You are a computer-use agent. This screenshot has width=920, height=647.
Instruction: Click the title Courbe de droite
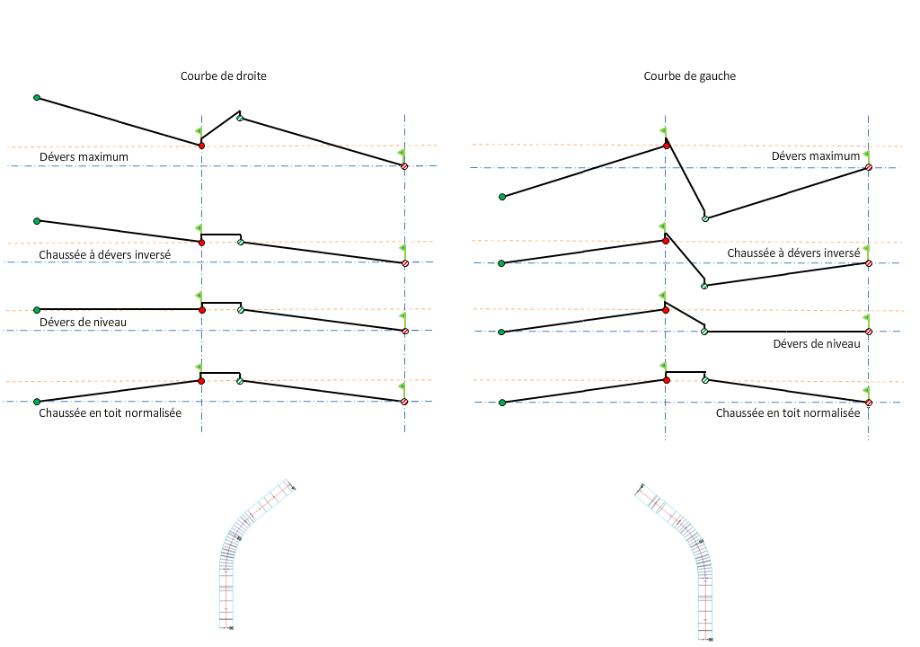[x=223, y=76]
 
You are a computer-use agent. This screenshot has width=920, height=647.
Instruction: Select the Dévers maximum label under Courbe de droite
[x=84, y=157]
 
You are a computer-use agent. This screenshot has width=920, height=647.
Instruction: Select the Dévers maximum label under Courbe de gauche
[x=815, y=156]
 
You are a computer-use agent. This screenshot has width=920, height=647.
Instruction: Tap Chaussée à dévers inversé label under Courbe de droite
[x=105, y=255]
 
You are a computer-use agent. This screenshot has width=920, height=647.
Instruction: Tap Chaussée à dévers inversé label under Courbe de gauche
[x=793, y=253]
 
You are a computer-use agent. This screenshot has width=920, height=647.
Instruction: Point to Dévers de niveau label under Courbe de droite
[x=84, y=322]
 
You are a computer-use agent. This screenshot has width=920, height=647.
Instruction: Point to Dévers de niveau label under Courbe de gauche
[x=817, y=343]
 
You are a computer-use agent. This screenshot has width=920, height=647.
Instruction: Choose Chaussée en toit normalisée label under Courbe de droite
[x=111, y=413]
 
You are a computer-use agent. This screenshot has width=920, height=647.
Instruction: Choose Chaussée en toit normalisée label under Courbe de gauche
[x=788, y=413]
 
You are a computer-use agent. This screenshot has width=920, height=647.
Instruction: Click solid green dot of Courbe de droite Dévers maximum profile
[x=37, y=97]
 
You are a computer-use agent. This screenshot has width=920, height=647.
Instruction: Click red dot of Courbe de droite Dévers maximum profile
[x=201, y=145]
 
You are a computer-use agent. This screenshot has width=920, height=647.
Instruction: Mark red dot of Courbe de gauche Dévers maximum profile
[x=666, y=145]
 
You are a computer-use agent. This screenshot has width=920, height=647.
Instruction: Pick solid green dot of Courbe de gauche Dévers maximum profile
[x=502, y=196]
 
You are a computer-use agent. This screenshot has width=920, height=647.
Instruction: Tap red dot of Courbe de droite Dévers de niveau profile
[x=201, y=310]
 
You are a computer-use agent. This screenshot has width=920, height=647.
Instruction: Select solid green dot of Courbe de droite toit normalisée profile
[x=37, y=402]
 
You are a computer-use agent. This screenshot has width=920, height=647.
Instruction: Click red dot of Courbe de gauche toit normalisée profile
[x=666, y=380]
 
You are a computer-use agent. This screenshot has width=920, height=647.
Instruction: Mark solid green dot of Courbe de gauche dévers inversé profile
[x=502, y=263]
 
